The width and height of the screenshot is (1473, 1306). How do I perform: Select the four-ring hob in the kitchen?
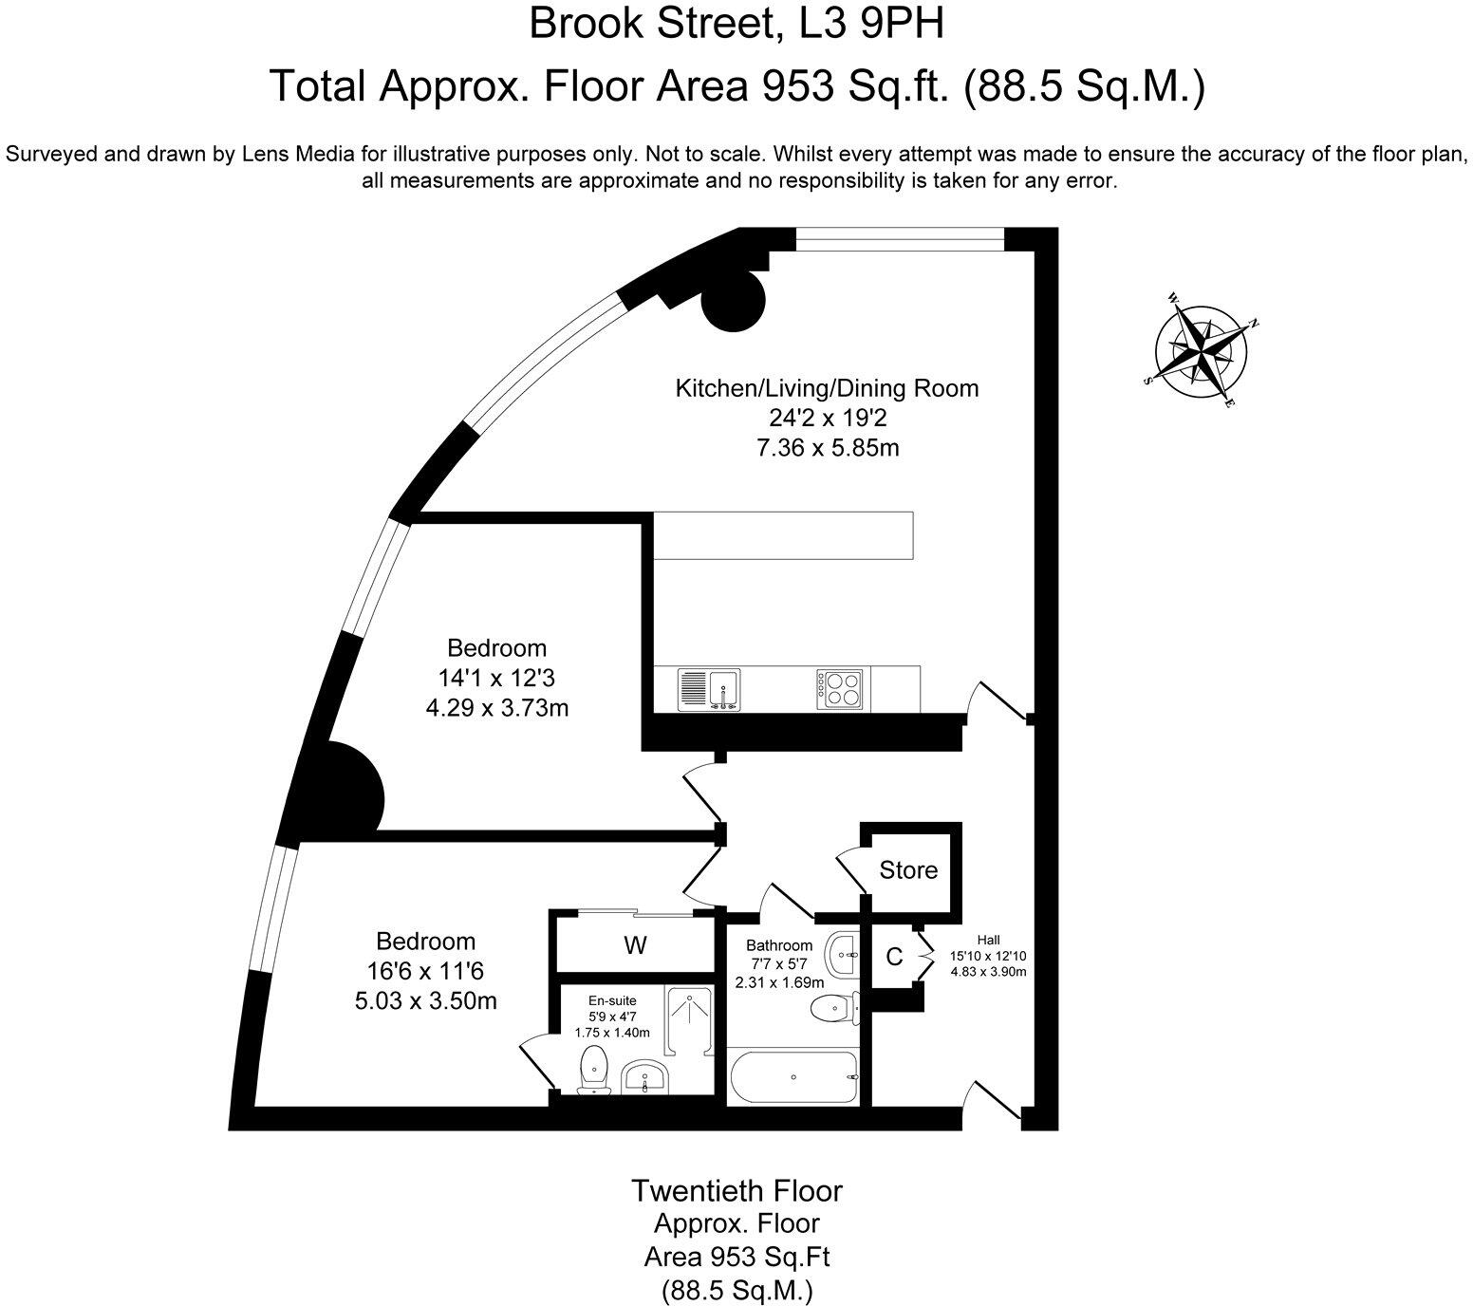(x=840, y=689)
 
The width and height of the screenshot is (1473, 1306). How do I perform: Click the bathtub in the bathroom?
(x=793, y=1077)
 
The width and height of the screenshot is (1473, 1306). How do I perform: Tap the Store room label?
(x=908, y=870)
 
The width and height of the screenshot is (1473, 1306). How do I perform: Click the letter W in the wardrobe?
(x=635, y=945)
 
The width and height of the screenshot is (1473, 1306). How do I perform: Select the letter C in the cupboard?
(x=893, y=957)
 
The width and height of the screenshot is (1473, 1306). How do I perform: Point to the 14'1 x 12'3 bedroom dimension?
(x=496, y=679)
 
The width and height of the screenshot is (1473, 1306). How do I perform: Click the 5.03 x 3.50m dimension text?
(x=425, y=1001)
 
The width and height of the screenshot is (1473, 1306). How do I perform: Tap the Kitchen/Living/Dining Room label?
(x=827, y=388)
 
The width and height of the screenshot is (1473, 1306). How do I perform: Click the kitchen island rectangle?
(x=784, y=535)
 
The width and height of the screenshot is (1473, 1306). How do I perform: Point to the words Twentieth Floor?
(x=736, y=1190)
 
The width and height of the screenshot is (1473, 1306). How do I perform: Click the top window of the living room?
(x=899, y=238)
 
